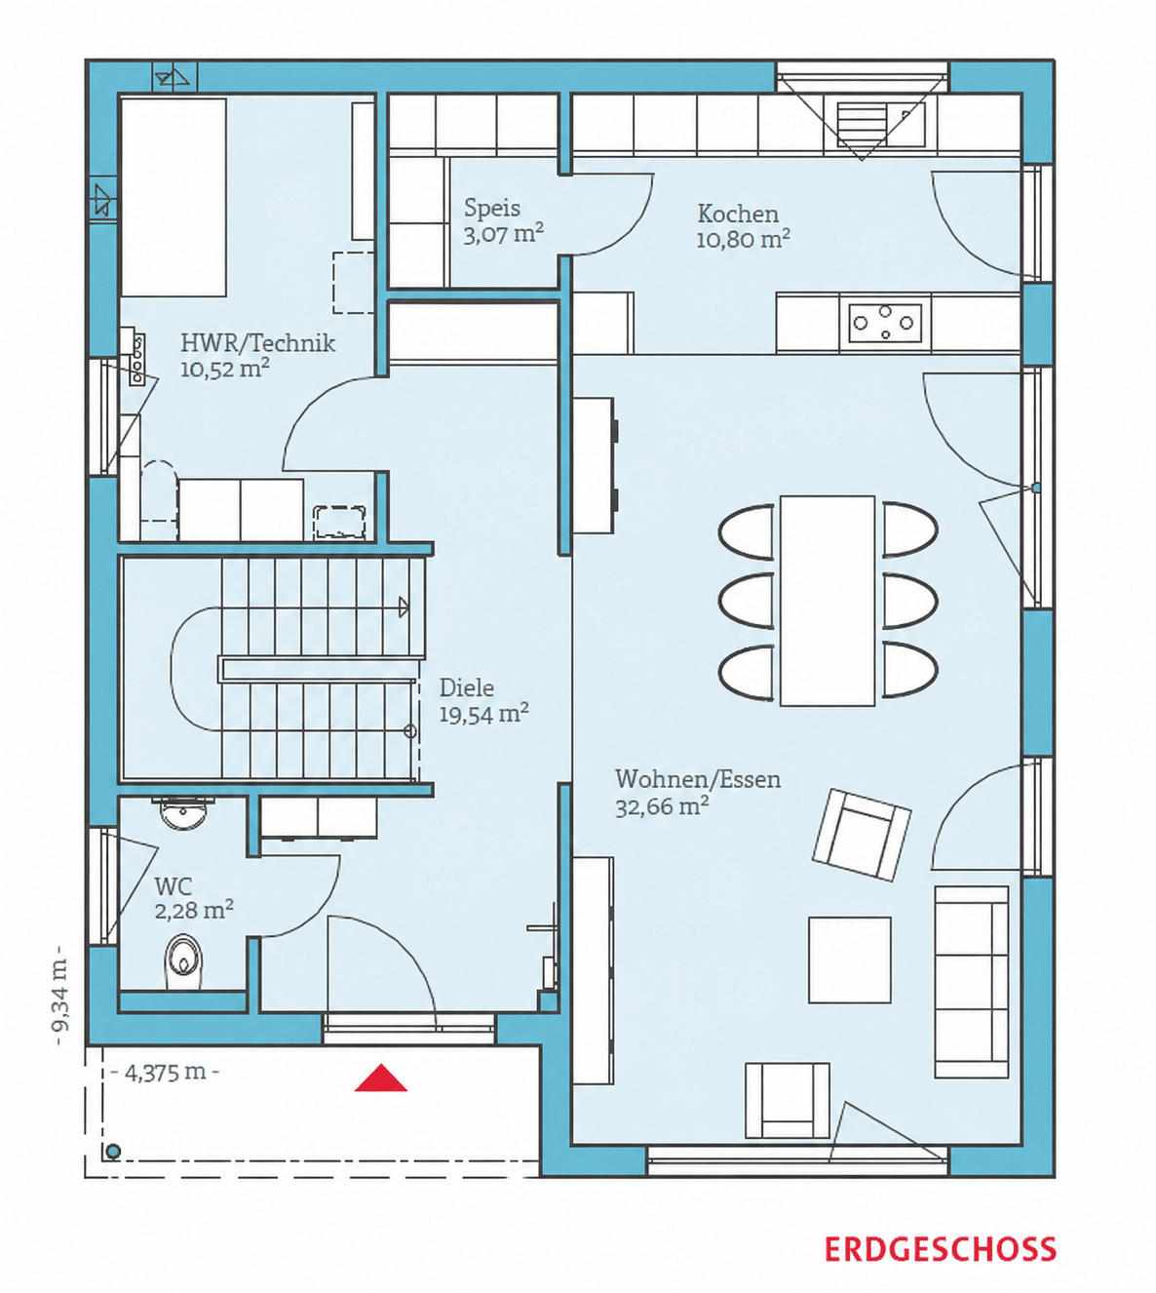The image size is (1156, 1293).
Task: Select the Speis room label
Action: (x=492, y=208)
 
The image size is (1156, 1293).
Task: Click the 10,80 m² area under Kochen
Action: (x=744, y=239)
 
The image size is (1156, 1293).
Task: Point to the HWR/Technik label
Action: (x=257, y=342)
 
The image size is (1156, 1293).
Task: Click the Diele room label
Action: (x=466, y=688)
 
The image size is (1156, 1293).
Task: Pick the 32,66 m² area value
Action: (x=662, y=806)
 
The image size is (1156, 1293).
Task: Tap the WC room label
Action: (x=173, y=886)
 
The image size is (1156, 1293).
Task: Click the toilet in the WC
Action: (x=184, y=961)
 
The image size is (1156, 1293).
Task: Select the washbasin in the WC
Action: (x=183, y=813)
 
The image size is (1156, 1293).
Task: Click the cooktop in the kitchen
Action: (x=885, y=323)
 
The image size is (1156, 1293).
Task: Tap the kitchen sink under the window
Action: (x=881, y=125)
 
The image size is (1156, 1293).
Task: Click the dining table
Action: (x=828, y=601)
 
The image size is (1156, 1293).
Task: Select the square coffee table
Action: (x=850, y=960)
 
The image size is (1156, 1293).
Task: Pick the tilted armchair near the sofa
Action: (x=862, y=836)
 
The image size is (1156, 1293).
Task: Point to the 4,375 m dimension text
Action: (x=166, y=1073)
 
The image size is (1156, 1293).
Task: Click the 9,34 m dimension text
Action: (x=59, y=995)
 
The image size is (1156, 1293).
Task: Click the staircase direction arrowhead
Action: (x=404, y=607)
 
